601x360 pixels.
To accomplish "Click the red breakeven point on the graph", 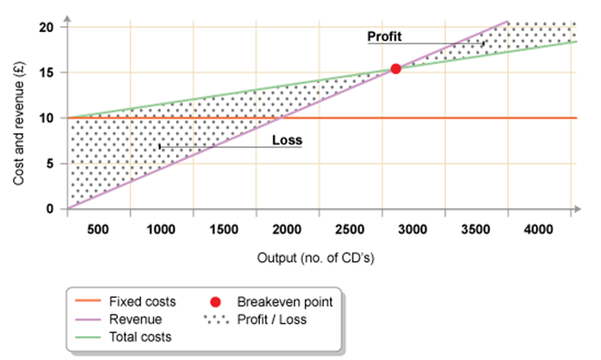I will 395,69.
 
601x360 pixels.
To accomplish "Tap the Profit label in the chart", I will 386,36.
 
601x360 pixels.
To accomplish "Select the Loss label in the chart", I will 286,140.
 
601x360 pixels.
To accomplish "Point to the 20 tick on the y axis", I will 47,27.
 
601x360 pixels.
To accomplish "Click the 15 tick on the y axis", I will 47,73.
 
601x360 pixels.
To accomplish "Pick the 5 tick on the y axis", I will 50,163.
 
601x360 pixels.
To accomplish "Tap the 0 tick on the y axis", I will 50,209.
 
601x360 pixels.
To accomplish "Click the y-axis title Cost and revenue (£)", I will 18,119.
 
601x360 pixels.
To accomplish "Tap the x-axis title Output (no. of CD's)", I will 316,258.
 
